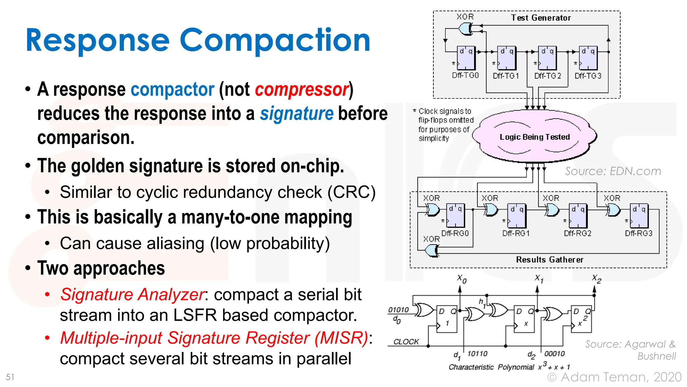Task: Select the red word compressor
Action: point(302,89)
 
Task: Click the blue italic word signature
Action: point(297,114)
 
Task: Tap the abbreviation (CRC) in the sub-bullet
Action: point(351,192)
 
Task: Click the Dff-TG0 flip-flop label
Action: point(465,76)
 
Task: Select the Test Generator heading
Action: point(540,18)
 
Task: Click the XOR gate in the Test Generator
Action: point(466,29)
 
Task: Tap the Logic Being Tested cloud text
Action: point(534,137)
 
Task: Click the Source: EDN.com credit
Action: point(613,171)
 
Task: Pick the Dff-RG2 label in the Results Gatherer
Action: point(577,233)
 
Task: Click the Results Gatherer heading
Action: point(549,260)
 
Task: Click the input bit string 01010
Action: point(398,310)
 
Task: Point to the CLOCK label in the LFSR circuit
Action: point(406,342)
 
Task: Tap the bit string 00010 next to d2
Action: point(554,354)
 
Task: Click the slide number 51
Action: point(10,377)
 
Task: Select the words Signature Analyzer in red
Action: point(132,295)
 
